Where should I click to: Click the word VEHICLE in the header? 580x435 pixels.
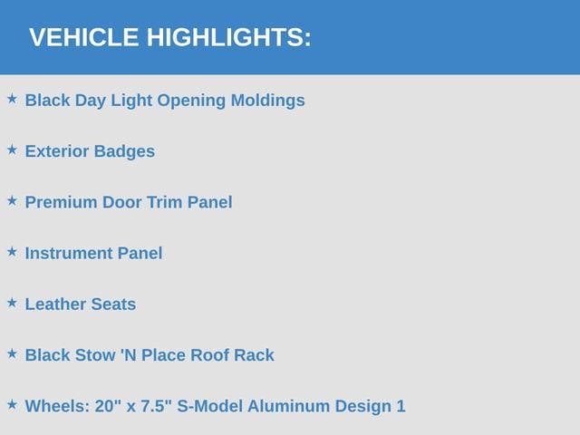point(84,37)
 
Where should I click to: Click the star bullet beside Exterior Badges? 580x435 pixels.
point(12,150)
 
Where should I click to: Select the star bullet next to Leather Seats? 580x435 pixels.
point(12,303)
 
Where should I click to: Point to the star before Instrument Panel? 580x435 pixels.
point(12,252)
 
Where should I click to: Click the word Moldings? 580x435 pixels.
point(268,101)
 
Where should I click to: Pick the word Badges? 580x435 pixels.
point(124,151)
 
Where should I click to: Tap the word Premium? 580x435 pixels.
point(61,202)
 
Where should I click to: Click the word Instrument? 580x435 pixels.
point(69,254)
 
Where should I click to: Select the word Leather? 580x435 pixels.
point(55,304)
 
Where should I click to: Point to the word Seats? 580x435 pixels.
point(113,304)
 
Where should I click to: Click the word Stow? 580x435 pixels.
point(95,355)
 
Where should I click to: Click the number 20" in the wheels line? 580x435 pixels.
point(108,406)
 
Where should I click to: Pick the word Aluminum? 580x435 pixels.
point(288,406)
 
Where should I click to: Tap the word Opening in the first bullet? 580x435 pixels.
point(191,101)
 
